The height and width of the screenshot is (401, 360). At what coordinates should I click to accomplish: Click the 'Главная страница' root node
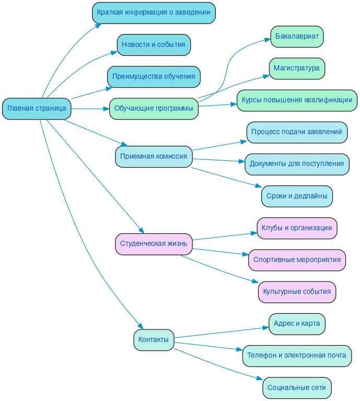(x=37, y=109)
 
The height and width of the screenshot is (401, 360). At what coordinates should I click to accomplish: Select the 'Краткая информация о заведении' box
(x=154, y=13)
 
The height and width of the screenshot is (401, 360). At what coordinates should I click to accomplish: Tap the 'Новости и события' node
(x=154, y=45)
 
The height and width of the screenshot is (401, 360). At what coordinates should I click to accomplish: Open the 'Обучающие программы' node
(x=154, y=109)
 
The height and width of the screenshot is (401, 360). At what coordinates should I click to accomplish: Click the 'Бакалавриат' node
(x=297, y=37)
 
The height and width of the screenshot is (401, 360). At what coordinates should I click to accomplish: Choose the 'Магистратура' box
(x=297, y=68)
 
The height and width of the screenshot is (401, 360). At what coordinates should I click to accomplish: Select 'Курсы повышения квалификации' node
(x=297, y=100)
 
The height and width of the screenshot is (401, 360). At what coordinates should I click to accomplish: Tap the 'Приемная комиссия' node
(x=154, y=157)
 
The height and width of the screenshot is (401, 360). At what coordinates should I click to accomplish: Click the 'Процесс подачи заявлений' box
(x=297, y=132)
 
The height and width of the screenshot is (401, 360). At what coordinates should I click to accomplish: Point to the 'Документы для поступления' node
(x=297, y=164)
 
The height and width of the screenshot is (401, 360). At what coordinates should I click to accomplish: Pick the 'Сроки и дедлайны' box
(x=297, y=196)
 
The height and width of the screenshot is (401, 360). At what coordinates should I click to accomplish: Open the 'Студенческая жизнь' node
(x=154, y=244)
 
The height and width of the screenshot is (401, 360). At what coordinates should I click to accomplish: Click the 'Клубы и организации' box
(x=297, y=228)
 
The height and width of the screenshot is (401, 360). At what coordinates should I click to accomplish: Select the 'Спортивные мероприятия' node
(x=297, y=260)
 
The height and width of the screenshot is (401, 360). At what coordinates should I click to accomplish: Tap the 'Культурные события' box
(x=297, y=292)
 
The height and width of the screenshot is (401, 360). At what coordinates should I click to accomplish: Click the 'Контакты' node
(x=154, y=340)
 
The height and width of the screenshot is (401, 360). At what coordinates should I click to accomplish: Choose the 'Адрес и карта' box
(x=297, y=324)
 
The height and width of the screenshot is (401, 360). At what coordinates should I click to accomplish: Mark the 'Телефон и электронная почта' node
(x=297, y=356)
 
